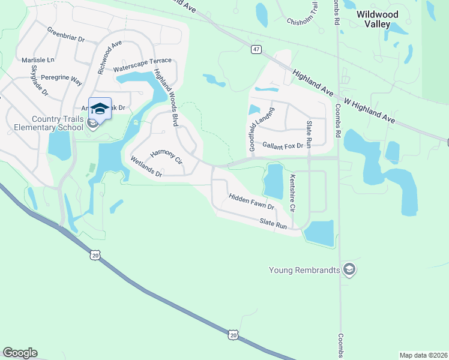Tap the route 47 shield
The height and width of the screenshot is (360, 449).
[x=256, y=50]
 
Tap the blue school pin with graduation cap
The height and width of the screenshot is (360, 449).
[x=100, y=109]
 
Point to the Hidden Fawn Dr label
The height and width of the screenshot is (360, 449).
[x=251, y=202]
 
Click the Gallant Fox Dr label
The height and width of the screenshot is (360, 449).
[x=283, y=145]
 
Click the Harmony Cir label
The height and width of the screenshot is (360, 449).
[x=166, y=157]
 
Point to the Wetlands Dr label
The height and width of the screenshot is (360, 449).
[x=146, y=167]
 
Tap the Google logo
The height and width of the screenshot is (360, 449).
[x=20, y=353]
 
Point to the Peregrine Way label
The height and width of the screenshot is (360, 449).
[x=59, y=79]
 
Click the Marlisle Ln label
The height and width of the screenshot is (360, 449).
[x=38, y=60]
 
